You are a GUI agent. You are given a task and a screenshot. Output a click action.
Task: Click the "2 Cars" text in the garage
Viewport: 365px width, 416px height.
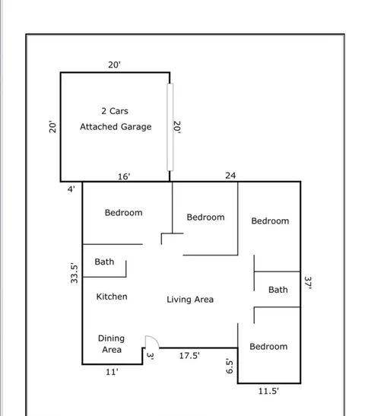tap(115, 111)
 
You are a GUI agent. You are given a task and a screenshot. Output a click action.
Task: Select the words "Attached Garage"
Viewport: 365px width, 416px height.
tap(116, 127)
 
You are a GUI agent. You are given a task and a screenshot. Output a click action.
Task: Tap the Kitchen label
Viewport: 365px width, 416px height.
tap(112, 297)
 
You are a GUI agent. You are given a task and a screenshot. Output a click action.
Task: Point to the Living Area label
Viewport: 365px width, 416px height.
tap(190, 300)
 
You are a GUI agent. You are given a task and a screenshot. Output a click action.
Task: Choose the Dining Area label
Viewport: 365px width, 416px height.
tap(112, 344)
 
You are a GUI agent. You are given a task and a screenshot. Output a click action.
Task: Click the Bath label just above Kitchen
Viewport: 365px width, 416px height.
tap(104, 262)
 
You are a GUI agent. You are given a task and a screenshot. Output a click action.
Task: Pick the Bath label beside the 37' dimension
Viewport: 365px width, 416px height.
tap(278, 290)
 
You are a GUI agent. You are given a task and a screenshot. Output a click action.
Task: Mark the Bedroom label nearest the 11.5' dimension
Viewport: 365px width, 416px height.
tap(268, 347)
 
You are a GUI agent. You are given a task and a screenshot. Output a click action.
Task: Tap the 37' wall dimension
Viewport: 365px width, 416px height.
tap(309, 283)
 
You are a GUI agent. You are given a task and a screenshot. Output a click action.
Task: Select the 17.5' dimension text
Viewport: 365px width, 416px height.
tap(189, 355)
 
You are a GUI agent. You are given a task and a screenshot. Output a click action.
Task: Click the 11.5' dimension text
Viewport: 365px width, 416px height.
tap(268, 391)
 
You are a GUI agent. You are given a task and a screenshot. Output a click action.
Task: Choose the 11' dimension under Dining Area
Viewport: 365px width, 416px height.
tap(111, 373)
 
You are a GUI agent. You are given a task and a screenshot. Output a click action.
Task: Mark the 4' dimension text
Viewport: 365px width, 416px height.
tap(71, 189)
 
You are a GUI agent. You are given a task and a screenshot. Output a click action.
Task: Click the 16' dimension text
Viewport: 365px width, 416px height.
tap(124, 176)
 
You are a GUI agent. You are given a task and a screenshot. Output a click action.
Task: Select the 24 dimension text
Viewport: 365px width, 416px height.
tap(231, 176)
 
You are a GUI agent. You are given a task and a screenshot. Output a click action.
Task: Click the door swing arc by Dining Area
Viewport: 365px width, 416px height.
tap(151, 342)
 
